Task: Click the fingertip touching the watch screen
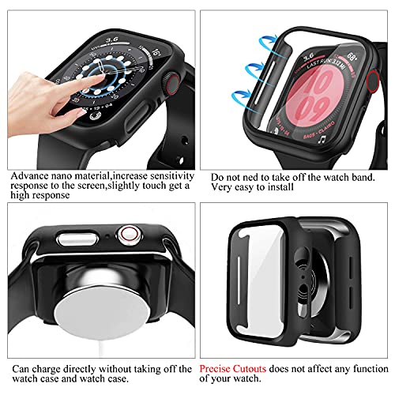tap(79, 78)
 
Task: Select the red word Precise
tap(219, 367)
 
